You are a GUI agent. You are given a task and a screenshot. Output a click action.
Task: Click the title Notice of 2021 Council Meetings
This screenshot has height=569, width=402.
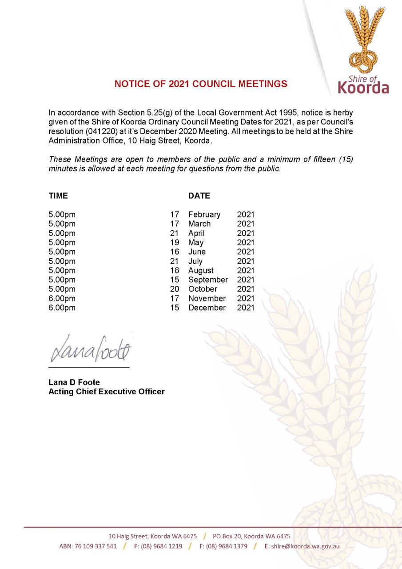[x=201, y=84]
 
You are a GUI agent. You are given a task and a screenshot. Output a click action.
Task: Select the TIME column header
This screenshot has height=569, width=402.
[x=58, y=196]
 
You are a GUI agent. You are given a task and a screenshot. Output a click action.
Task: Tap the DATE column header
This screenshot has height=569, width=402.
[x=199, y=196]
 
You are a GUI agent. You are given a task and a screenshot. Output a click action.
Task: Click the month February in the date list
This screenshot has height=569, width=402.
[x=204, y=215]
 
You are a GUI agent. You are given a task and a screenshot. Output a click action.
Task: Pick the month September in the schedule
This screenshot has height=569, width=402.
[x=208, y=280]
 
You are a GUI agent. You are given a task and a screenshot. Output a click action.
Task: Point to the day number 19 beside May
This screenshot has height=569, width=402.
[x=175, y=243]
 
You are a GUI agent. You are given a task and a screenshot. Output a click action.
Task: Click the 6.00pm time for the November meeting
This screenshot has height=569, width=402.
[x=62, y=299]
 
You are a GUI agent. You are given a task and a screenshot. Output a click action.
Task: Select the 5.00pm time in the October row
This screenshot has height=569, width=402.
[x=62, y=289]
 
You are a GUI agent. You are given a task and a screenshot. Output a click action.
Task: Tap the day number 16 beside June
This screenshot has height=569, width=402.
[x=175, y=252]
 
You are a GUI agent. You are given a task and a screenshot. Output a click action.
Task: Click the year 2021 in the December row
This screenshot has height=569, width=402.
[x=246, y=308]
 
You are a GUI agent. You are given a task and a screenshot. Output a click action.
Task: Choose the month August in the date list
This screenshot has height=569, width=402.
[x=201, y=271]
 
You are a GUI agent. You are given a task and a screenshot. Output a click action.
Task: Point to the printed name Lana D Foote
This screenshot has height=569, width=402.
[x=74, y=382]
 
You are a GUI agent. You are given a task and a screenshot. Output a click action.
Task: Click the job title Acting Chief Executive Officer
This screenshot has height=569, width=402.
[x=106, y=392]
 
